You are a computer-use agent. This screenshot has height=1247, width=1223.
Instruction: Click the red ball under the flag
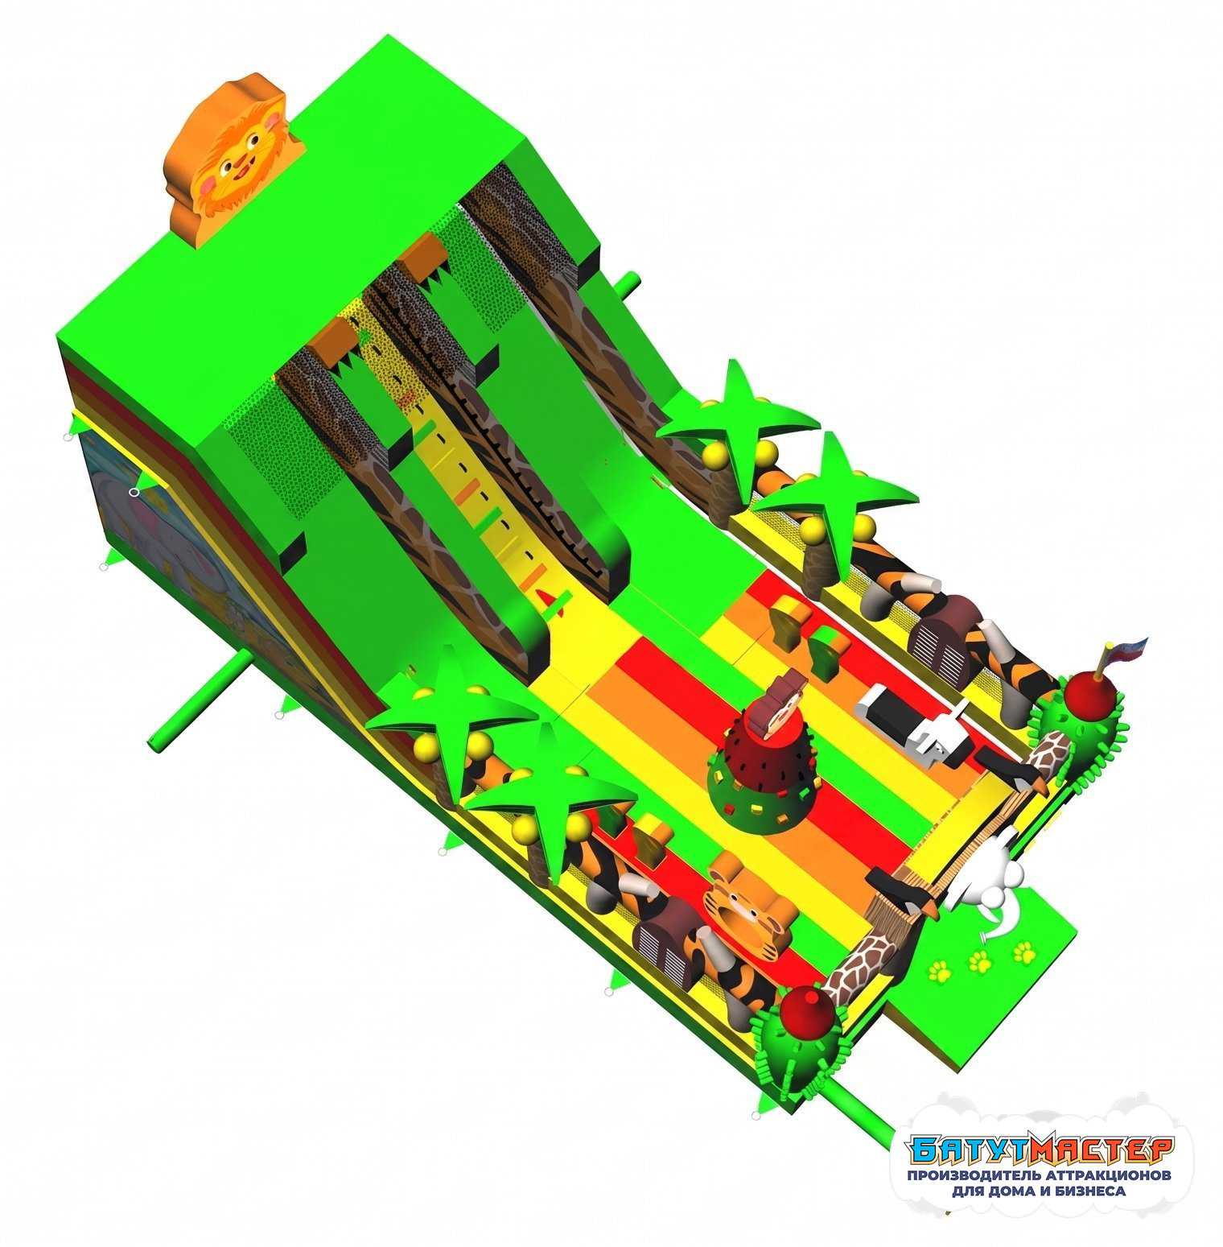[x=1089, y=691]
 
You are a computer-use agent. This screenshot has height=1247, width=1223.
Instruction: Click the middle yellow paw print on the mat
[x=979, y=960]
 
